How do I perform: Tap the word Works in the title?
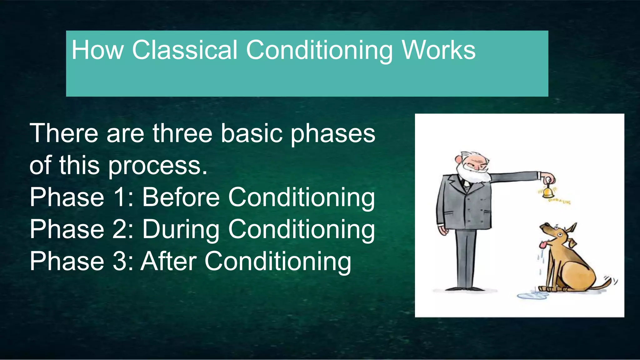[438, 50]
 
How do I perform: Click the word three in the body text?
[182, 133]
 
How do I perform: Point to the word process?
[158, 166]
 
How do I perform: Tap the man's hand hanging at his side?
[442, 231]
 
